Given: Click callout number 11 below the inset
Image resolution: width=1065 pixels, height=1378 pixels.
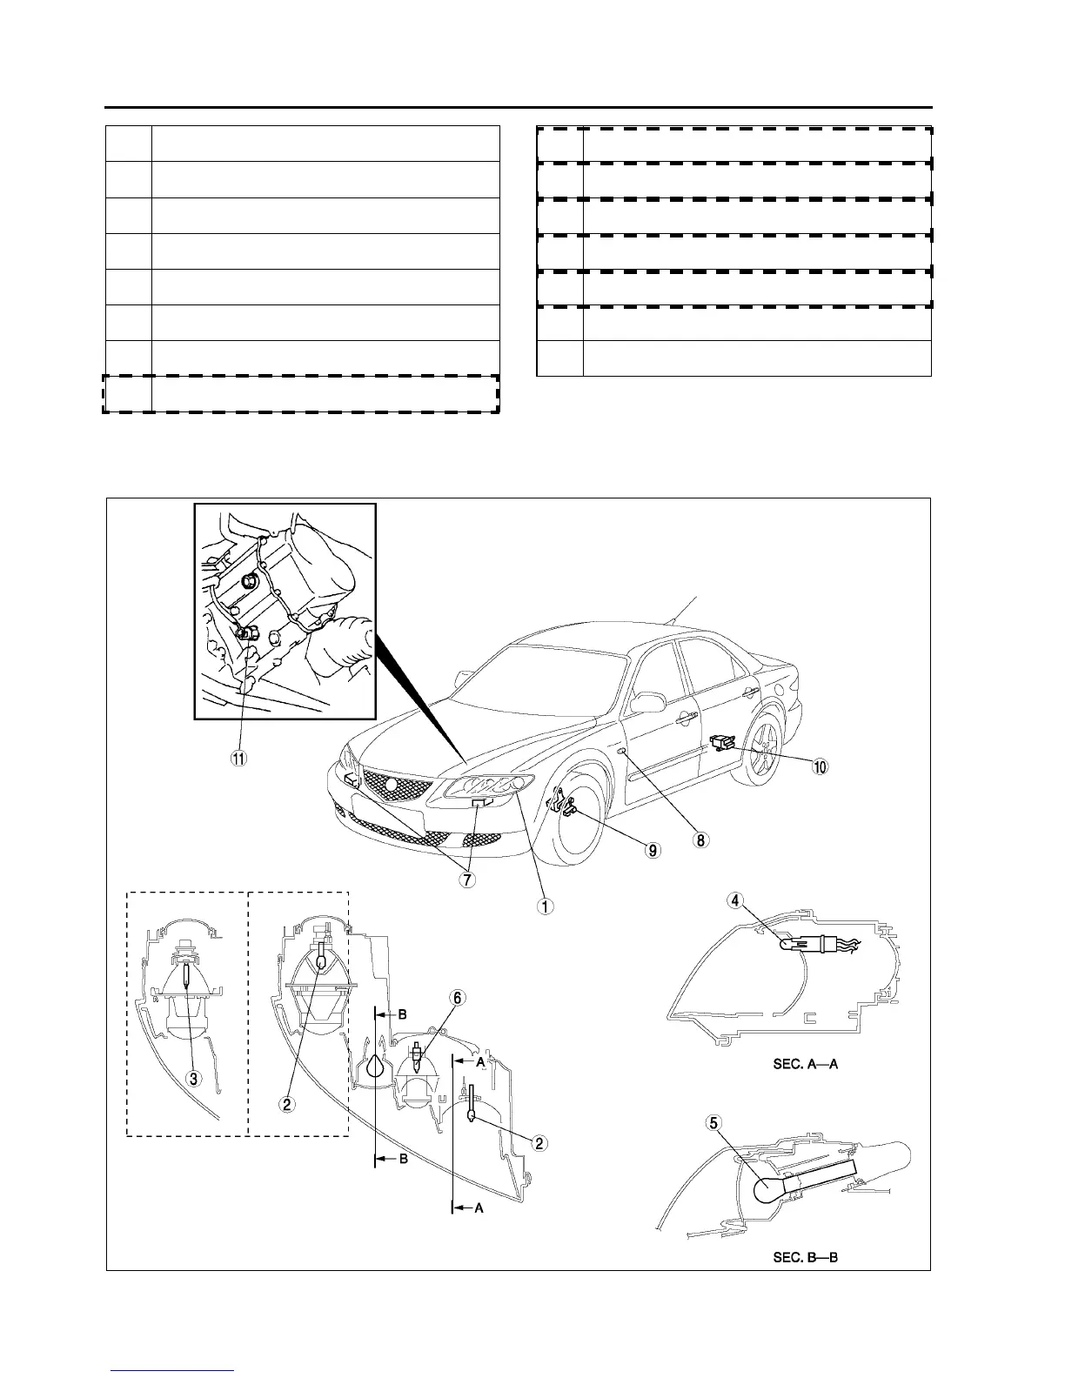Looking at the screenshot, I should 238,757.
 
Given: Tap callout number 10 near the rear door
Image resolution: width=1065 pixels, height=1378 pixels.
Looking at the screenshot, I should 821,766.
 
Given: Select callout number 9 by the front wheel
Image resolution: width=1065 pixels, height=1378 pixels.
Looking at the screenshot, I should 652,850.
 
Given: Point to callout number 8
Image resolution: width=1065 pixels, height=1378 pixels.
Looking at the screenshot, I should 700,840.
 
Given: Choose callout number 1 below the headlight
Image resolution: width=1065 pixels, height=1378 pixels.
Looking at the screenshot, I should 545,905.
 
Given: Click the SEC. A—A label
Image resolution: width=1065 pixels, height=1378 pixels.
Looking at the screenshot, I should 805,1063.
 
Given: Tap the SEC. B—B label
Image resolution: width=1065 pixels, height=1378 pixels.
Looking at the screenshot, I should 805,1257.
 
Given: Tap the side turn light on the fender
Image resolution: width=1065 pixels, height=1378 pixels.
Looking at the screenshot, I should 622,749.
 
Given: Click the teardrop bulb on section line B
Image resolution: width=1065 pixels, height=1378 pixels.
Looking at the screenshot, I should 375,1066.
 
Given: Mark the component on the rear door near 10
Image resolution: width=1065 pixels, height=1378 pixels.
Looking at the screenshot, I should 720,741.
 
